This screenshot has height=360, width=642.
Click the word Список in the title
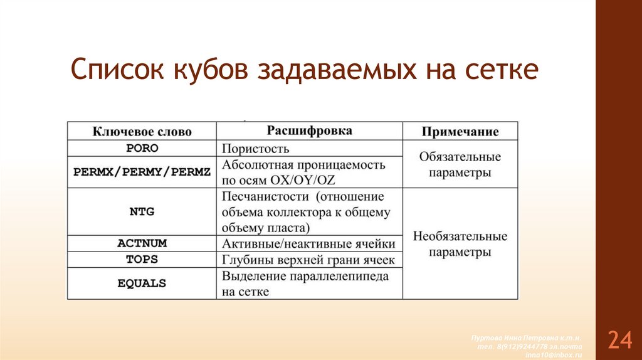point(111,70)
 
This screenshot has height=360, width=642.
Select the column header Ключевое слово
point(142,132)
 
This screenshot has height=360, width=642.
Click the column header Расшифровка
point(310,131)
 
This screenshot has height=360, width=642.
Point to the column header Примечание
point(460,132)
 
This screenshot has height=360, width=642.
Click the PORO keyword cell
point(142,149)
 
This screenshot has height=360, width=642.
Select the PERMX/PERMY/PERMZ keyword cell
point(142,172)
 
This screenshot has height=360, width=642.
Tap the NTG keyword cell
point(142,212)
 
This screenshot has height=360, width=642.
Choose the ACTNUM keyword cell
point(142,243)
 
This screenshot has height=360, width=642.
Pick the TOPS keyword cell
point(142,260)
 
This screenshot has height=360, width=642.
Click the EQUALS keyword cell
point(142,283)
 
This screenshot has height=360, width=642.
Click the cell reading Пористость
point(255,149)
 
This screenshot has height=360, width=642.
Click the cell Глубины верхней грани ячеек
point(308,260)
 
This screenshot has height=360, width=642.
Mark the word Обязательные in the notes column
point(460,157)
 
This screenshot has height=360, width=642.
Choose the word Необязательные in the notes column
point(460,237)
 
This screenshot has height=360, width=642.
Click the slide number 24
point(619,339)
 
